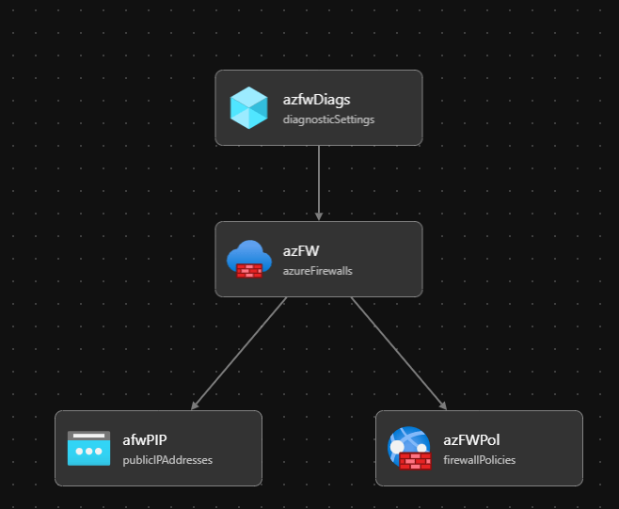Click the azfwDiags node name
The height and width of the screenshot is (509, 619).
(317, 99)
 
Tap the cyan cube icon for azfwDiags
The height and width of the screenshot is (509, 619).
(249, 107)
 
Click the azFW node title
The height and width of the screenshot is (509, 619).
(300, 250)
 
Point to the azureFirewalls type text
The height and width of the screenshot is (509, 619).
(317, 271)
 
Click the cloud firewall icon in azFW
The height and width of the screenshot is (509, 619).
(249, 259)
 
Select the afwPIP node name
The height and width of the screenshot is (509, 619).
(144, 439)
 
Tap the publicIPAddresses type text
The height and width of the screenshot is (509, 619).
(167, 460)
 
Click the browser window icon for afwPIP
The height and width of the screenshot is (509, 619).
(88, 448)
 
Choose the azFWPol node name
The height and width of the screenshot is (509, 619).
(471, 439)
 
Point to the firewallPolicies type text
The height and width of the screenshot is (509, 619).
(479, 460)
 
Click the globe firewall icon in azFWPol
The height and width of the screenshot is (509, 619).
(409, 448)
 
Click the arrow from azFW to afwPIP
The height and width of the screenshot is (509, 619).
(240, 353)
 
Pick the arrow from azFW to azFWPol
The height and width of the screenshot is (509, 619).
(398, 353)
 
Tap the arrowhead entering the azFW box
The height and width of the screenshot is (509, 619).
(319, 215)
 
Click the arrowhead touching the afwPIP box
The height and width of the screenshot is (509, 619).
(195, 405)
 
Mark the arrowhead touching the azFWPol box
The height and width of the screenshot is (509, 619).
(442, 405)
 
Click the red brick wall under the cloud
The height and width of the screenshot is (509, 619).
(249, 270)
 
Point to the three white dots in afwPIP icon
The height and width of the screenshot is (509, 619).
(88, 452)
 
